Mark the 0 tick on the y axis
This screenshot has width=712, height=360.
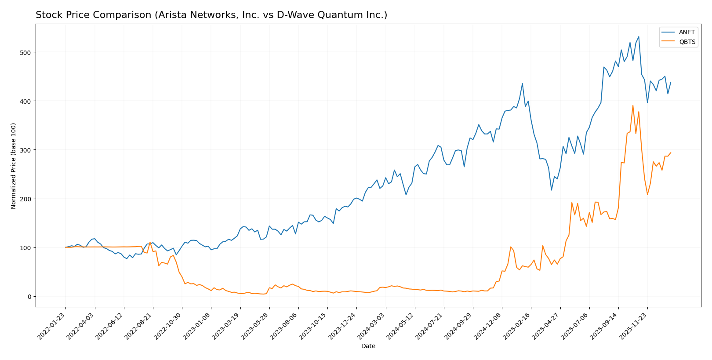coord(30,297)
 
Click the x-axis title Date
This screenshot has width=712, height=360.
coord(368,346)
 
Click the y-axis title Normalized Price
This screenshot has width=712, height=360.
coord(14,166)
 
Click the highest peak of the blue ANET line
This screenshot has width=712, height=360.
coord(639,36)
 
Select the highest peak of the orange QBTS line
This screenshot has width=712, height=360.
coord(633,105)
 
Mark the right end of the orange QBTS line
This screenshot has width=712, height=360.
coord(671,153)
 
